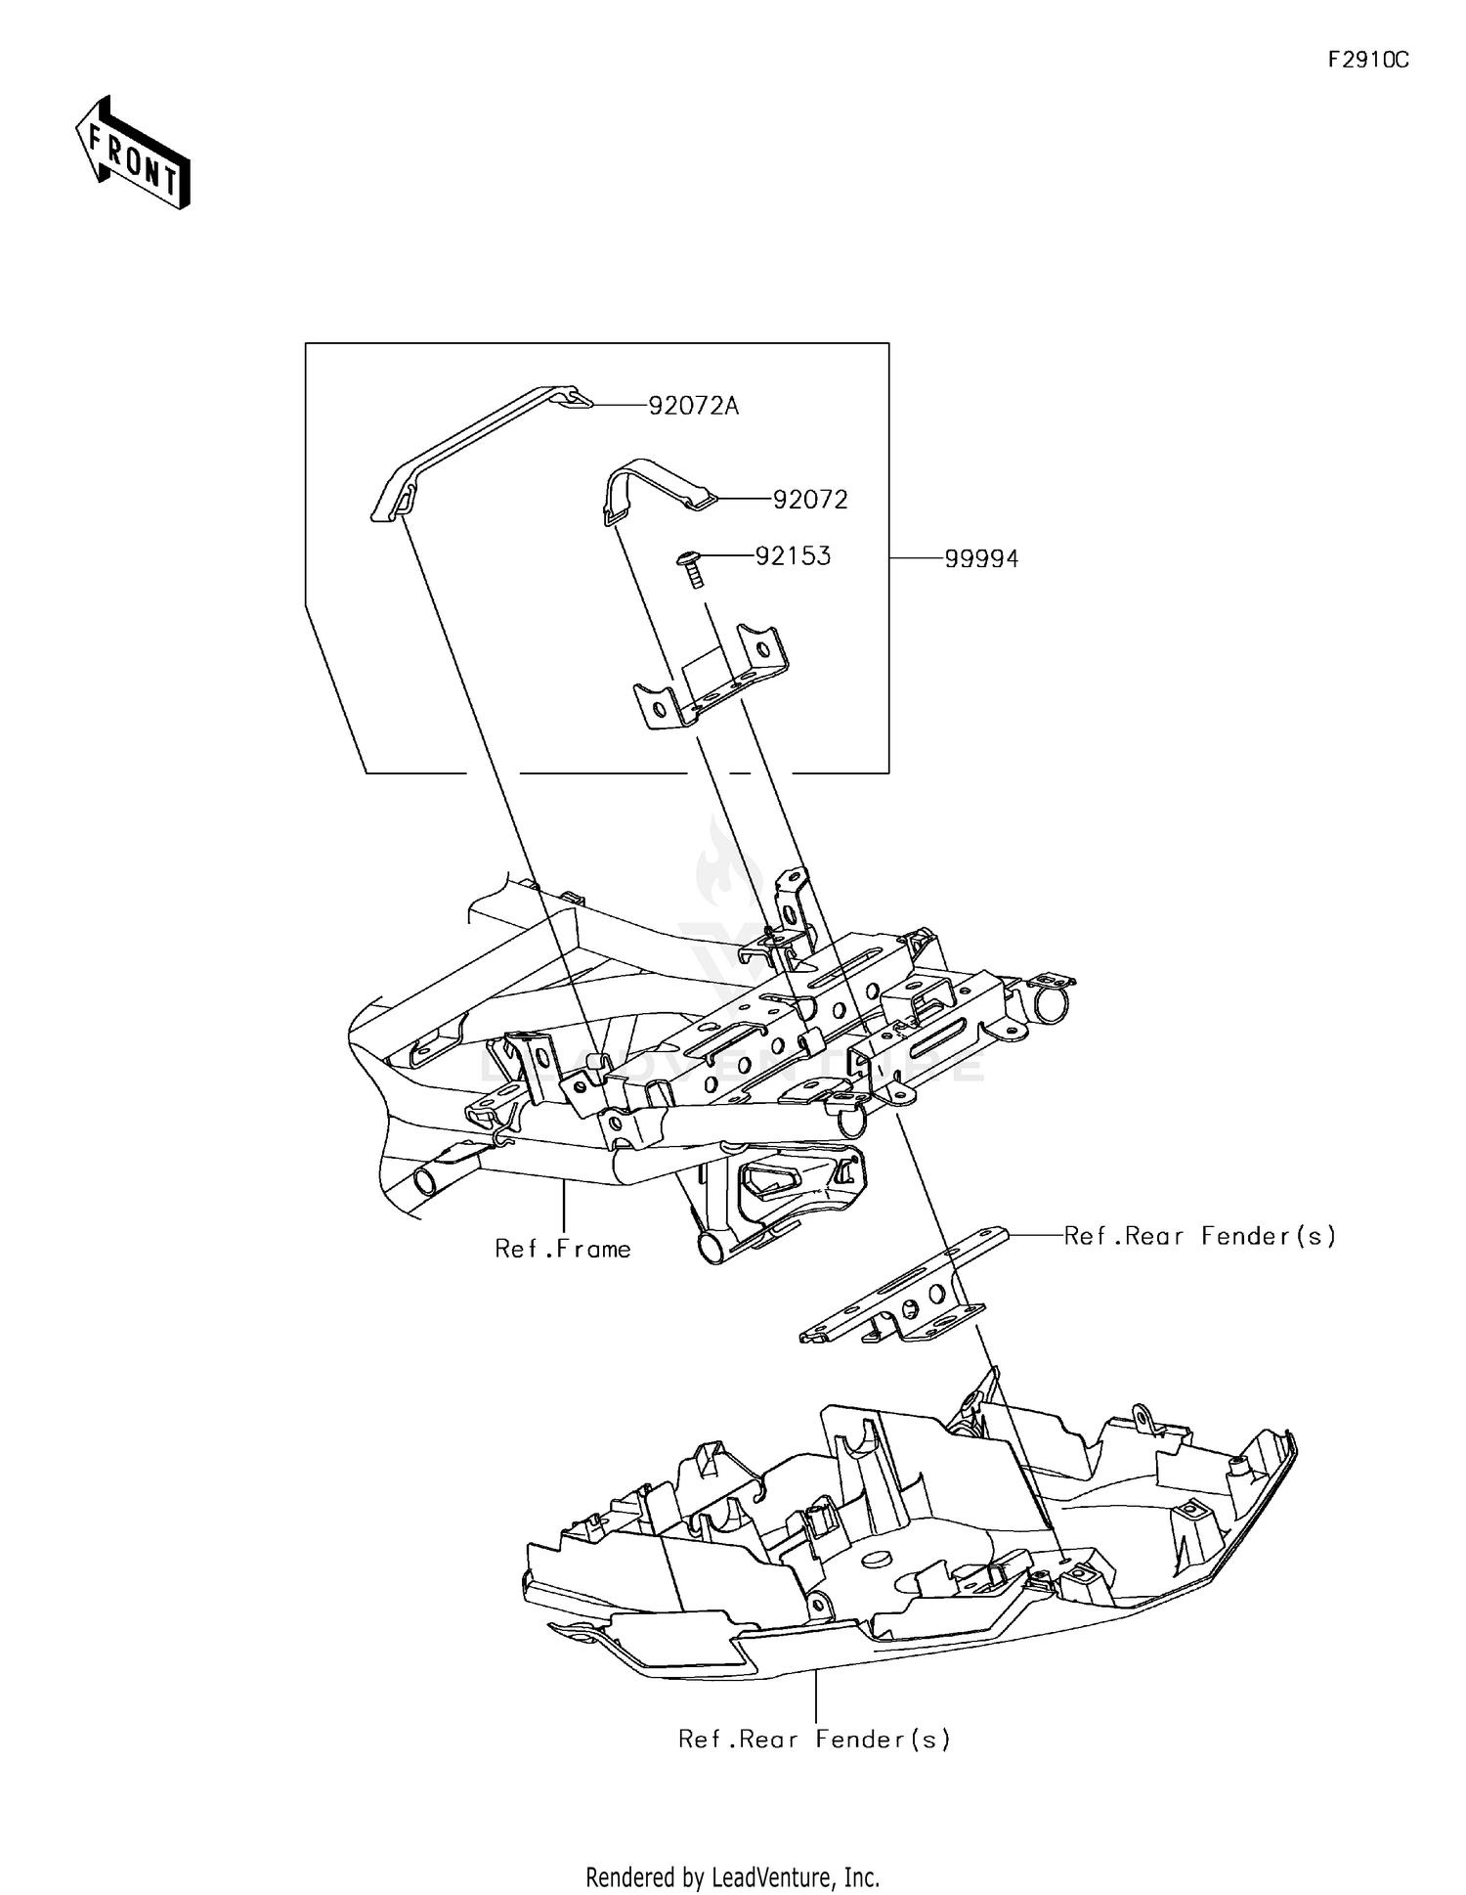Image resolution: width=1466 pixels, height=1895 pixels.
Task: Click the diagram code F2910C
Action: coord(1367,61)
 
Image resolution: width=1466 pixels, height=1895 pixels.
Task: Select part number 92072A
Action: coord(694,405)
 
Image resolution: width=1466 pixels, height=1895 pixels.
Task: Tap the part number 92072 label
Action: coord(809,500)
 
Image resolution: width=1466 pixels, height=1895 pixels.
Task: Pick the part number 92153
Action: coord(793,556)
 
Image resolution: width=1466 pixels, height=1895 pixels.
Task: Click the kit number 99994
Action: coord(980,558)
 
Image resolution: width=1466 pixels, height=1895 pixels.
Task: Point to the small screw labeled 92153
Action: coord(691,567)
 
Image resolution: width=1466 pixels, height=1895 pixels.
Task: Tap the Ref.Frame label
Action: coord(563,1249)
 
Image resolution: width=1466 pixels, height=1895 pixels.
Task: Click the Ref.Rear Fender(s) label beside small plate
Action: coord(1199,1236)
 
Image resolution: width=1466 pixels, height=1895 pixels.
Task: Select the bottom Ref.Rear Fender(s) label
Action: coord(814,1740)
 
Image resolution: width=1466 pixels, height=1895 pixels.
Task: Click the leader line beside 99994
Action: coord(916,558)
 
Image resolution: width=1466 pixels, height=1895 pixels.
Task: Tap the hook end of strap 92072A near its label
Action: coord(579,399)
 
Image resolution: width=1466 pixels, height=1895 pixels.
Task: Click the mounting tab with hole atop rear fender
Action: coord(1140,1415)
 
